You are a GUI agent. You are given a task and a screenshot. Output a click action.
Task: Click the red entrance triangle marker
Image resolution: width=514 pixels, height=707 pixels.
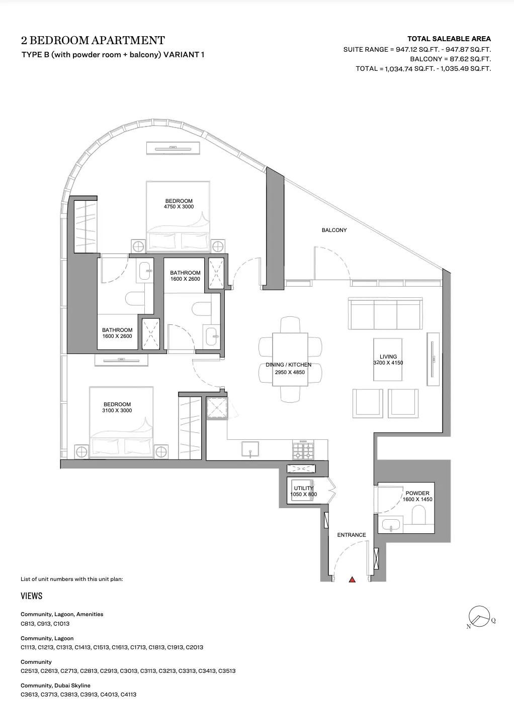click(x=352, y=579)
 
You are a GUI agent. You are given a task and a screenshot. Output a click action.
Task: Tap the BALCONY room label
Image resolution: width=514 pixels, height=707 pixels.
click(x=334, y=230)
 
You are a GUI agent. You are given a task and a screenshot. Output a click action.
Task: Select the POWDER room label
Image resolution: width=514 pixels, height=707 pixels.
click(x=417, y=493)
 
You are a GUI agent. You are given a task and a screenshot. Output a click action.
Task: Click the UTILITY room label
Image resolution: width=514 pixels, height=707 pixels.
click(x=303, y=488)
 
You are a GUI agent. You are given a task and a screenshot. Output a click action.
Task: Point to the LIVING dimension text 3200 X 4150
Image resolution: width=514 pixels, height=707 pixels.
click(x=388, y=363)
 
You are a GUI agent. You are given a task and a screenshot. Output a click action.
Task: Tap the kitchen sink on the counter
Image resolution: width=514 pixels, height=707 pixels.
click(x=250, y=449)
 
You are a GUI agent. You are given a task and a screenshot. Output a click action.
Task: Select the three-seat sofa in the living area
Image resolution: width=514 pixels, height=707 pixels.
click(x=385, y=313)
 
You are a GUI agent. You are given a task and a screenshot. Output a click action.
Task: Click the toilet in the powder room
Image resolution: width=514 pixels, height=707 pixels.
click(x=419, y=514)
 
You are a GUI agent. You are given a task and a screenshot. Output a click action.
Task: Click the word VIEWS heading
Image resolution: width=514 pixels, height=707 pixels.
click(x=32, y=596)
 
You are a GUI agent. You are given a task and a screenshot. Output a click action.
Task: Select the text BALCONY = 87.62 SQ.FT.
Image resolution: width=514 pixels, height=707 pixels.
click(x=451, y=59)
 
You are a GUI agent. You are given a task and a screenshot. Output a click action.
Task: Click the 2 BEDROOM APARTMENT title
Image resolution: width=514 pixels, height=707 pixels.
click(x=93, y=40)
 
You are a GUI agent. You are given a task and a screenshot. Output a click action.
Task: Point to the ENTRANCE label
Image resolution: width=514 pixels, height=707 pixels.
click(x=352, y=535)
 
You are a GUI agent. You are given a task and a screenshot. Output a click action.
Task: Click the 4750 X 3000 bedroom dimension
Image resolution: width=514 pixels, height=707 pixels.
click(x=179, y=206)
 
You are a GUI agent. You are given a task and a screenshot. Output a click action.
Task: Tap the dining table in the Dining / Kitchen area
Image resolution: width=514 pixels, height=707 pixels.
click(x=290, y=360)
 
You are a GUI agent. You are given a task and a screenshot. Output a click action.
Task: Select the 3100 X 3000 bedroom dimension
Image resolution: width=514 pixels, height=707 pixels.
click(x=117, y=410)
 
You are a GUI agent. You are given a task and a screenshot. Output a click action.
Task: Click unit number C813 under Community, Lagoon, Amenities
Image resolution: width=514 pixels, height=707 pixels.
click(x=27, y=624)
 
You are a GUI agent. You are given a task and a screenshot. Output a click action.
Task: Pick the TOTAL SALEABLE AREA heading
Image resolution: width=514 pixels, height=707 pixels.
click(x=449, y=39)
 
